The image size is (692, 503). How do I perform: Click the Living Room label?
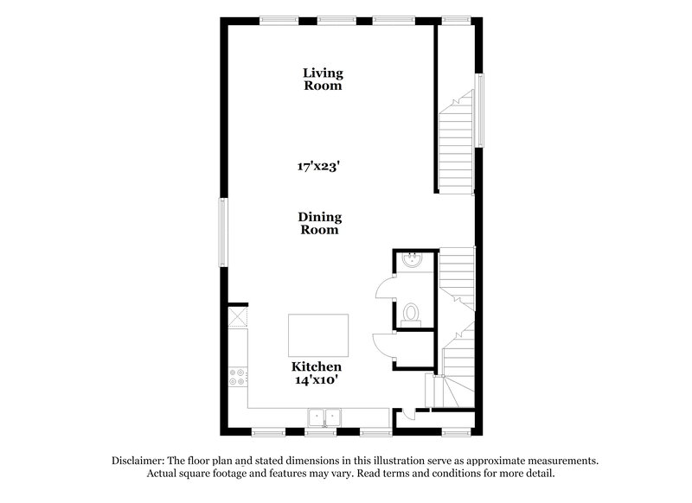click(322, 79)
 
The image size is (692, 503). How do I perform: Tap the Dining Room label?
click(320, 224)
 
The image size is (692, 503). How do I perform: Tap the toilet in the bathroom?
click(412, 312)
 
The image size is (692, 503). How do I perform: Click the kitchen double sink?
click(324, 418)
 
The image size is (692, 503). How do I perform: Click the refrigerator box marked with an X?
click(236, 317)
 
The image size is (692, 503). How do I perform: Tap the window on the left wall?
click(223, 232)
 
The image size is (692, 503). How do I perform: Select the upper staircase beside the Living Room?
click(455, 147)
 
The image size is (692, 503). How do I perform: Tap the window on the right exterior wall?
click(479, 110)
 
